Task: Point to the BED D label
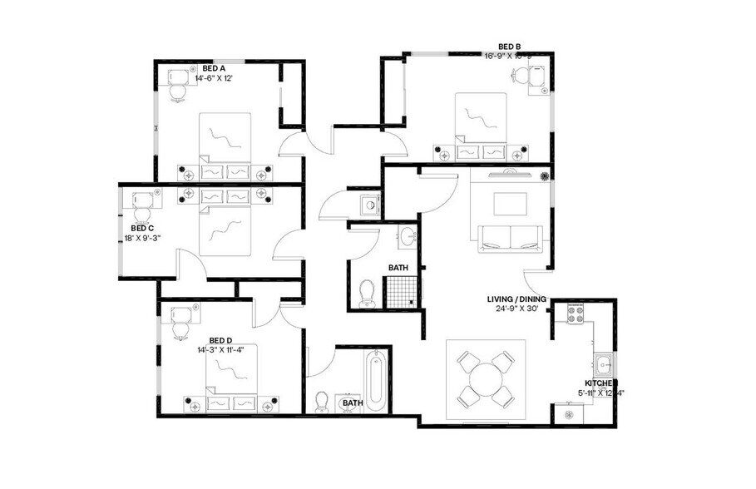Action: click(220, 339)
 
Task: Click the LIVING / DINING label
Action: click(518, 299)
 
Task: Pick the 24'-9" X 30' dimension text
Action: click(518, 309)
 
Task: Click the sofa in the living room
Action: click(511, 239)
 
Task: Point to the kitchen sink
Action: click(604, 363)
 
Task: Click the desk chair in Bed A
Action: click(177, 89)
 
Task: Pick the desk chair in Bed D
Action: click(180, 327)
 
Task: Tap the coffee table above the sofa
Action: click(510, 204)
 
